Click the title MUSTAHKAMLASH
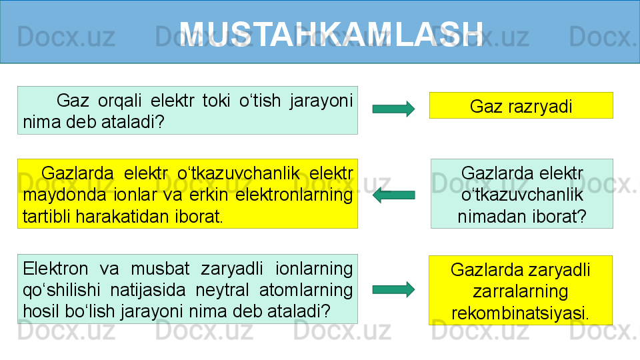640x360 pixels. pos(331,34)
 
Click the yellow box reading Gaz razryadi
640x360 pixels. pos(521,105)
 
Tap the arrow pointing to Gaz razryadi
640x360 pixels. pos(393,109)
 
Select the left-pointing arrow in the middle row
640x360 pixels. pos(393,195)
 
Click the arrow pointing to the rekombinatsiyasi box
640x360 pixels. pos(393,290)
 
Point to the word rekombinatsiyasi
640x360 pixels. pos(520,313)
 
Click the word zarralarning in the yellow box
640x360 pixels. pos(521,291)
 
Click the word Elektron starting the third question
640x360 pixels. pos(55,269)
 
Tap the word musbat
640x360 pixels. pos(160,269)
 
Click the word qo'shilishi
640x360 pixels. pos(61,290)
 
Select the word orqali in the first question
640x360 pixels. pos(119,101)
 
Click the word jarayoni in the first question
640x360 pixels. pos(321,101)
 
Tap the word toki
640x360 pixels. pos(216,101)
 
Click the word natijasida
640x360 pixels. pos(148,290)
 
